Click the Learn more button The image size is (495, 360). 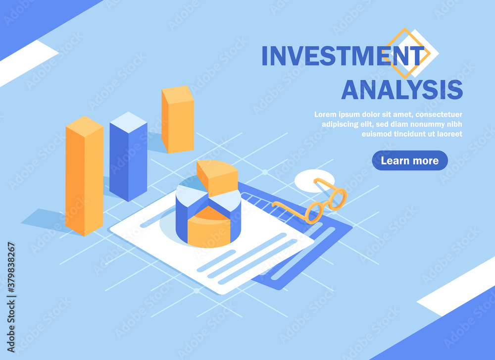[410, 160]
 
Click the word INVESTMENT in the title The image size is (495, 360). [343, 56]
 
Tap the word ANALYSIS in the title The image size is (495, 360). [402, 90]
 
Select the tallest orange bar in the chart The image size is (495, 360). [84, 176]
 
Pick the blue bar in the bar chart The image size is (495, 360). [128, 156]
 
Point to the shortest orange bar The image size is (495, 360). [178, 119]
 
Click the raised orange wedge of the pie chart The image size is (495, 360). [217, 177]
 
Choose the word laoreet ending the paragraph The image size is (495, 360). [449, 134]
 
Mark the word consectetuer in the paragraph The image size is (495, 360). [439, 114]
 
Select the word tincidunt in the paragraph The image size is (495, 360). [406, 134]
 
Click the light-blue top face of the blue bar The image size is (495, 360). [128, 122]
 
